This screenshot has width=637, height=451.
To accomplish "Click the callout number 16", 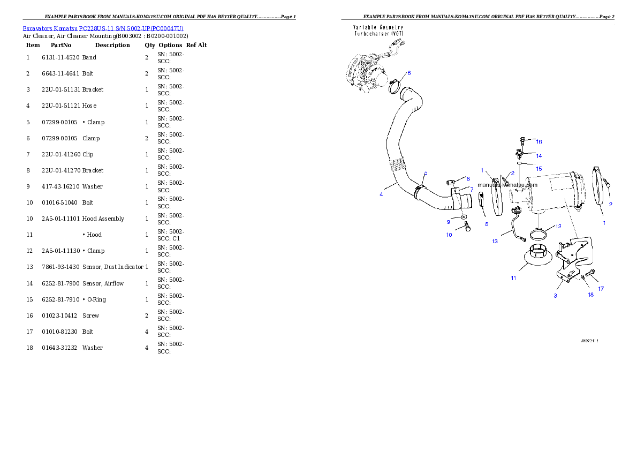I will (x=539, y=142).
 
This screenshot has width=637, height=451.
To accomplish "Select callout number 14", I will (x=539, y=156).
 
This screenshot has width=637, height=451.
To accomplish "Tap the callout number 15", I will (x=539, y=169).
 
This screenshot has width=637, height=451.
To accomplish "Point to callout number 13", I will (x=495, y=241).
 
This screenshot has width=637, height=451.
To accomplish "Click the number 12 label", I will (x=558, y=226).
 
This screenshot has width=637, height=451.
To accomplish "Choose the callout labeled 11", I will (x=513, y=278).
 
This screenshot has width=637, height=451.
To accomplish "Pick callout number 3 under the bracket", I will (x=555, y=296).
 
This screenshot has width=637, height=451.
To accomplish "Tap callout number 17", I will (x=601, y=289).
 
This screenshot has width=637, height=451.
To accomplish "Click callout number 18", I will (x=590, y=295).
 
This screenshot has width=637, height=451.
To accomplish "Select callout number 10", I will (x=449, y=235).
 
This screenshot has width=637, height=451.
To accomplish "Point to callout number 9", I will (x=449, y=221).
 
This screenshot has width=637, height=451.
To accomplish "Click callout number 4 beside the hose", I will (x=381, y=194).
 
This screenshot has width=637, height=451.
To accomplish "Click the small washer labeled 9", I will (x=463, y=218).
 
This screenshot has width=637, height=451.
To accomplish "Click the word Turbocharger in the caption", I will (x=377, y=33).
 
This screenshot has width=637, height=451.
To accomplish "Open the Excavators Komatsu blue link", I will (x=103, y=28).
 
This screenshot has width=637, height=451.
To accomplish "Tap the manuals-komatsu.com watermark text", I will (x=507, y=185).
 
